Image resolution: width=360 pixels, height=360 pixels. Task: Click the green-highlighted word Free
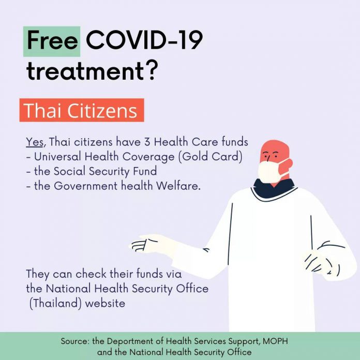click(52, 41)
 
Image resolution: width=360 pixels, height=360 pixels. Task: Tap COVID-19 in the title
click(144, 40)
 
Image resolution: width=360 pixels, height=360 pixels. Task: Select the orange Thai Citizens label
click(82, 110)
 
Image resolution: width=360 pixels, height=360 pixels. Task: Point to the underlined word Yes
click(35, 142)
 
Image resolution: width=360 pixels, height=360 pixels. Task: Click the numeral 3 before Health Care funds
click(147, 142)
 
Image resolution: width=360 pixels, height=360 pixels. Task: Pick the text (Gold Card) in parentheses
click(211, 157)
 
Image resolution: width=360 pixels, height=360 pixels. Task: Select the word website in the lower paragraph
click(105, 303)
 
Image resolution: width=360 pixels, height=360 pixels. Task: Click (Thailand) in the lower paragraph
click(55, 304)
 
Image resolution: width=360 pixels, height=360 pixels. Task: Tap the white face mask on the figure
click(269, 171)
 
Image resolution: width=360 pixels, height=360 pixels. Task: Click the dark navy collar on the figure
click(274, 187)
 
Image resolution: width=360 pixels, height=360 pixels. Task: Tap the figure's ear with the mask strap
click(289, 164)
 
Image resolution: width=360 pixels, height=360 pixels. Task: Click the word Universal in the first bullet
click(57, 157)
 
